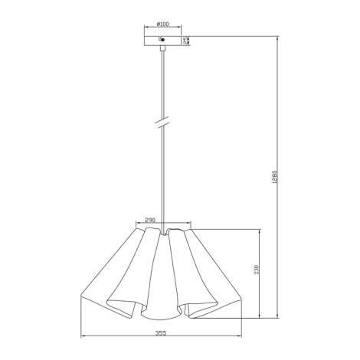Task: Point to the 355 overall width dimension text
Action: tap(162, 333)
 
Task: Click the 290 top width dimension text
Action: tap(150, 219)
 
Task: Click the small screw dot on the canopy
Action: tap(162, 40)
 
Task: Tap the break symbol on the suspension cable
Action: tap(162, 122)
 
